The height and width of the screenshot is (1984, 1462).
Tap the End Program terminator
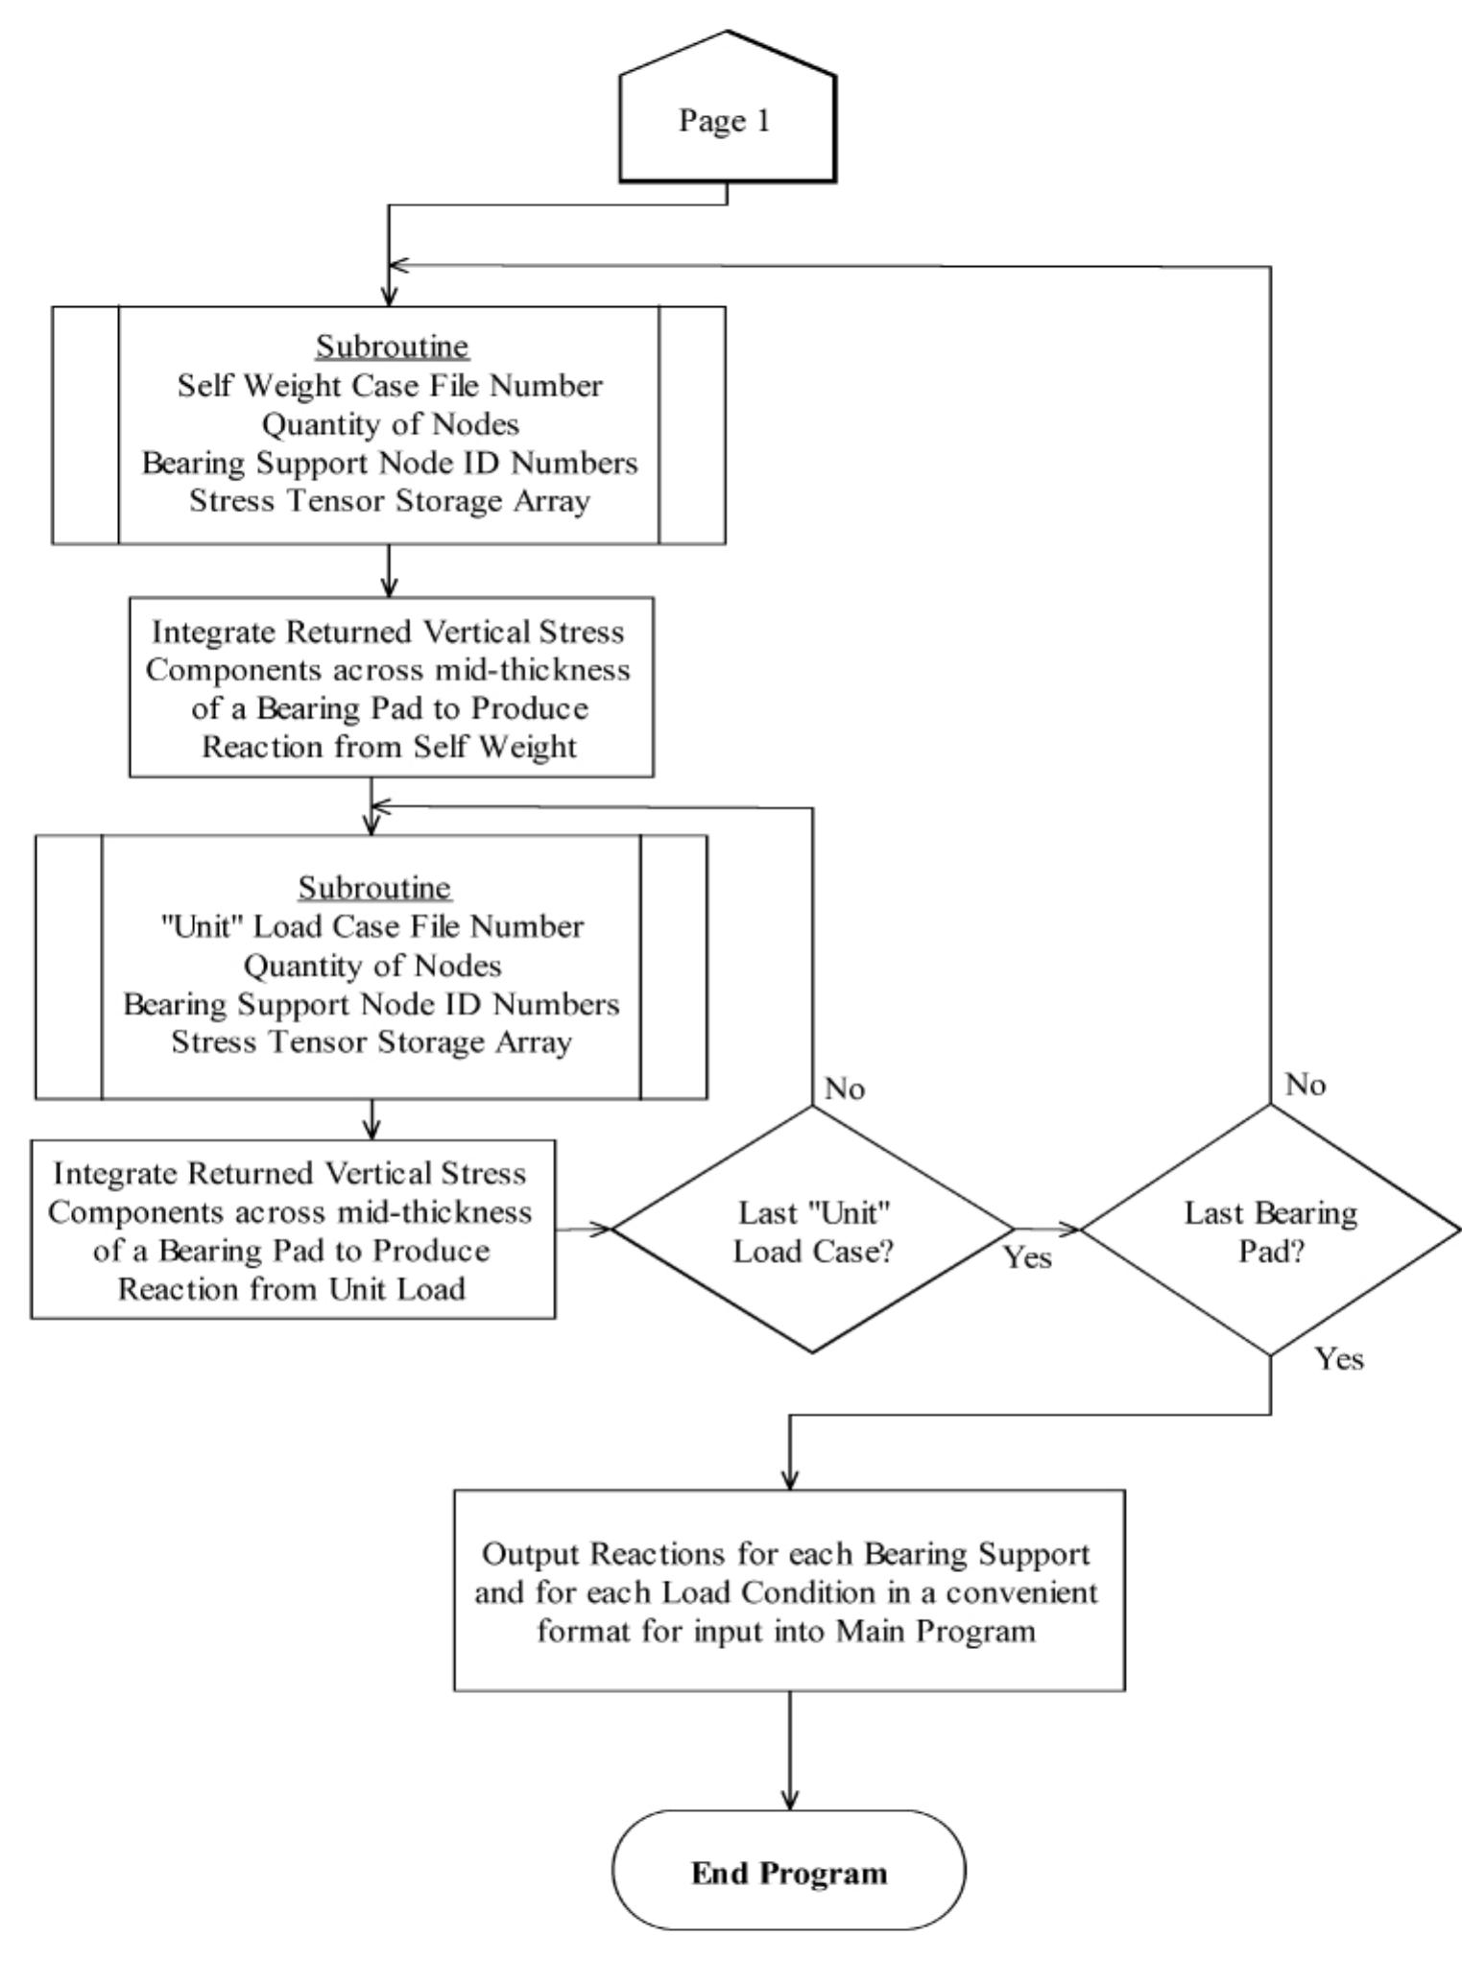click(x=789, y=1873)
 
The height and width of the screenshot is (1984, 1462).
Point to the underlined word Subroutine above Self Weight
click(x=393, y=346)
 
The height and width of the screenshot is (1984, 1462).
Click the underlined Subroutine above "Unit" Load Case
click(x=373, y=887)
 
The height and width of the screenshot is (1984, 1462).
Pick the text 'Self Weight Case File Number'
click(x=390, y=386)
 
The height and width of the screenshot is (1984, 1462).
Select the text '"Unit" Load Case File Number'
click(x=371, y=926)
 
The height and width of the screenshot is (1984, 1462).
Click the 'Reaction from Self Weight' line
click(x=389, y=747)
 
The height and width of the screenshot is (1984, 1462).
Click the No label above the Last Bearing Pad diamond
click(x=1306, y=1085)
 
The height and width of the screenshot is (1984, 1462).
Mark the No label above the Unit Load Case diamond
click(x=845, y=1088)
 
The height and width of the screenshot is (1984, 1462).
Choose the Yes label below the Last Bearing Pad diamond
click(x=1339, y=1358)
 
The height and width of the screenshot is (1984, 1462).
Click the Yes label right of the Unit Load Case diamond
click(x=1028, y=1257)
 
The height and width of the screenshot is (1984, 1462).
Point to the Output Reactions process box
click(x=789, y=1590)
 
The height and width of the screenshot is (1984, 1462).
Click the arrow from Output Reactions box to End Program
click(x=790, y=1751)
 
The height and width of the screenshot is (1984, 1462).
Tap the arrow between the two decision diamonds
click(x=1047, y=1229)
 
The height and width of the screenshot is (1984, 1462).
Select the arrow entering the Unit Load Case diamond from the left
click(x=584, y=1228)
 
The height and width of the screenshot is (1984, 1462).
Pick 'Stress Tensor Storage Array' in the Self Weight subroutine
click(x=389, y=501)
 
